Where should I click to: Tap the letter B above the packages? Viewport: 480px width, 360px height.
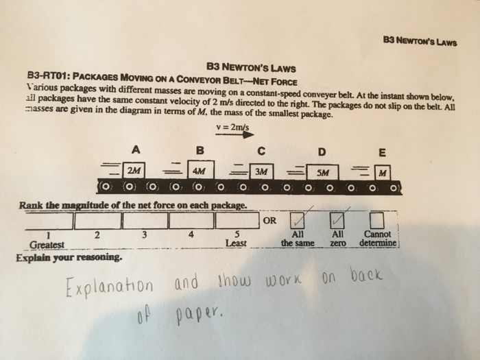click(200, 149)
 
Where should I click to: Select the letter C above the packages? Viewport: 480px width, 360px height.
click(261, 150)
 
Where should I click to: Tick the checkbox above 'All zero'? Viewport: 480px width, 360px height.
click(337, 221)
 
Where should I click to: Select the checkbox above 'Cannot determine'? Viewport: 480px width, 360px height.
click(376, 221)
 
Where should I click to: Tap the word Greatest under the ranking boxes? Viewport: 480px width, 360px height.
click(47, 244)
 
